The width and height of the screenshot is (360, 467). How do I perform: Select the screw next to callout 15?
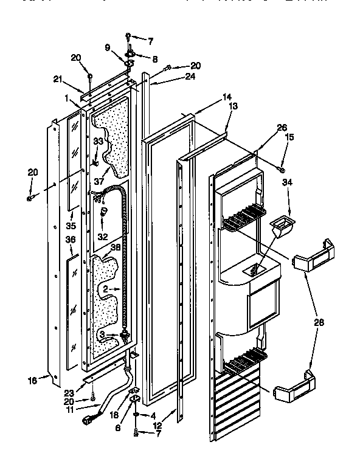(280, 168)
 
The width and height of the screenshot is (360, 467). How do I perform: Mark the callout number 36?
(71, 240)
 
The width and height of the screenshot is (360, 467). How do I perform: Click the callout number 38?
(115, 247)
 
